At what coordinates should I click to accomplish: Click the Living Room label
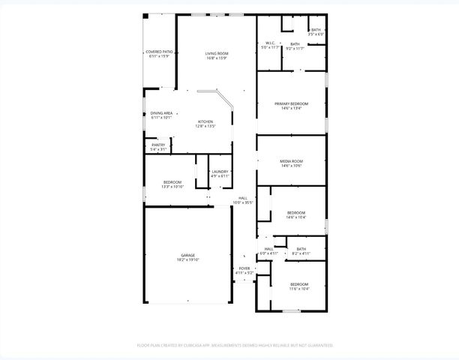tap(217, 53)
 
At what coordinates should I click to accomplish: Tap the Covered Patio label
tap(158, 52)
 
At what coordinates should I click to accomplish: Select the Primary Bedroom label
tap(291, 103)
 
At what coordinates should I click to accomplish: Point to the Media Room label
tap(291, 161)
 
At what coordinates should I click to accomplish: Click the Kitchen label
tap(205, 121)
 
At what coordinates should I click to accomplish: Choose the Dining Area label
tap(161, 113)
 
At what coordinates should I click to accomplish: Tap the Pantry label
tap(158, 145)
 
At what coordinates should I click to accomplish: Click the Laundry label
tap(220, 172)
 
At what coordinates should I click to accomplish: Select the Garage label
tap(187, 255)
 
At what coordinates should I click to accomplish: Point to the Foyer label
tap(244, 268)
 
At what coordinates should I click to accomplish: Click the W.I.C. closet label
tap(268, 43)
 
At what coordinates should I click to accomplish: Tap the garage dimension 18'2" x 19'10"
tap(187, 259)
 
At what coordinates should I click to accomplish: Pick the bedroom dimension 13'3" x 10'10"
tap(173, 186)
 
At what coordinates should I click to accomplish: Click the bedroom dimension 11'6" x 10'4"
tap(298, 289)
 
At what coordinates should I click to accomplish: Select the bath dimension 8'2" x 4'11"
tap(301, 253)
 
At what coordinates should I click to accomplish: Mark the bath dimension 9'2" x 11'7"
tap(295, 49)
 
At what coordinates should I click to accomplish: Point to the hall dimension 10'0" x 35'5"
tap(243, 202)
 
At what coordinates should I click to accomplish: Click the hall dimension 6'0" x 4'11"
tap(268, 253)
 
